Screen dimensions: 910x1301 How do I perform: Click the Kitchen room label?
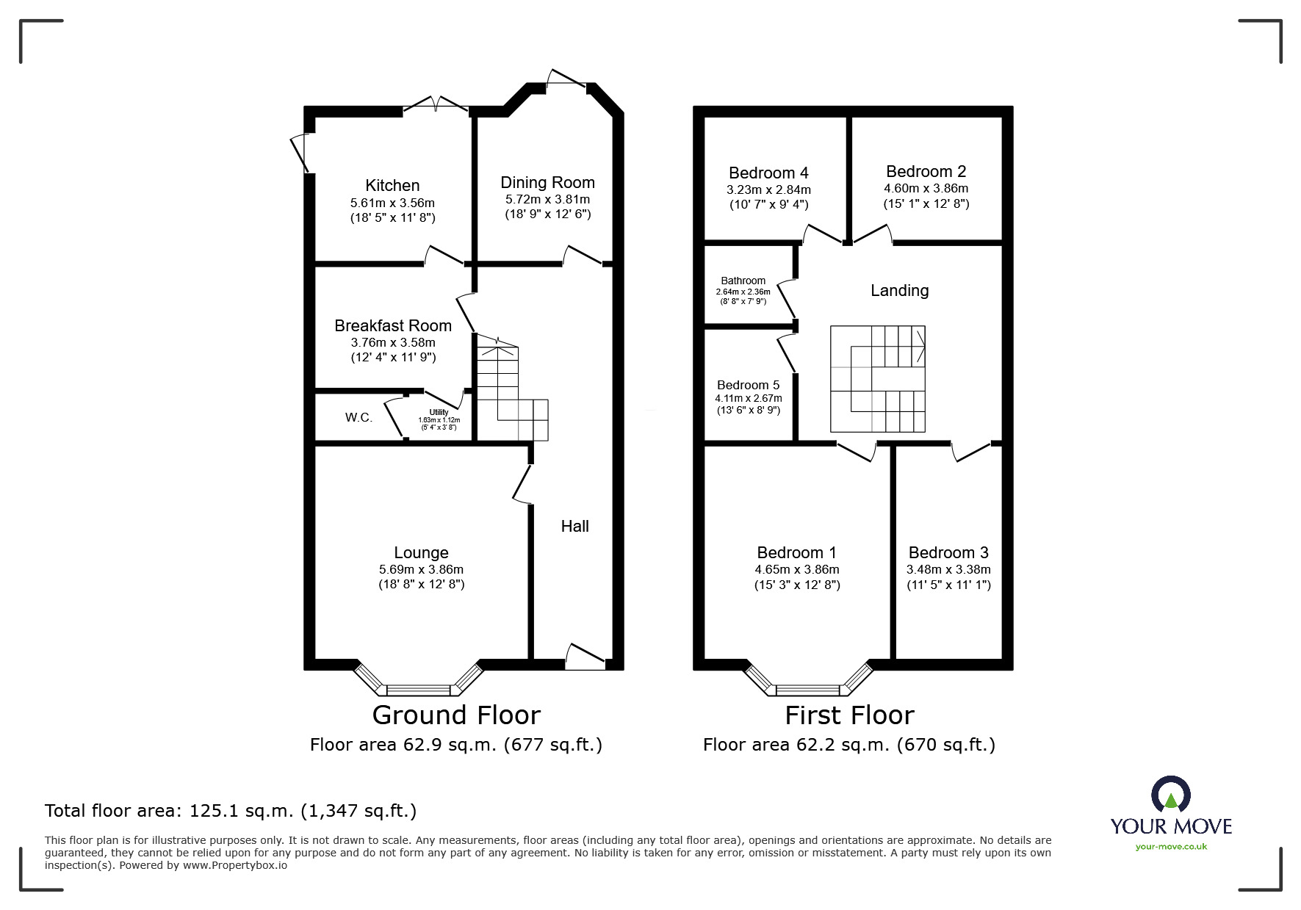(x=392, y=186)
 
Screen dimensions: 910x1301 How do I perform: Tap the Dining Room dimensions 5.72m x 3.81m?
(x=547, y=199)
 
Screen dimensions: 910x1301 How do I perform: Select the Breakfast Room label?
(x=393, y=325)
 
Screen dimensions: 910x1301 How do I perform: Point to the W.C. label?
(x=358, y=418)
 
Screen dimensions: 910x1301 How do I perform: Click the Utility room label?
(x=439, y=413)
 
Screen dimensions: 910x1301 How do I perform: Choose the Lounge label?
(x=421, y=552)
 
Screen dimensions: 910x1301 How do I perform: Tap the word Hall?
(x=574, y=526)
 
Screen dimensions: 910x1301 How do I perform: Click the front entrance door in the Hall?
(x=585, y=657)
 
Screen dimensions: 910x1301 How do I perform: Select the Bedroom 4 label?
(x=768, y=173)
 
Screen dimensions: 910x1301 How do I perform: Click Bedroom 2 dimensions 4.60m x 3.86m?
(x=926, y=188)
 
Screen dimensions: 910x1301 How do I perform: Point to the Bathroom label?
(x=743, y=281)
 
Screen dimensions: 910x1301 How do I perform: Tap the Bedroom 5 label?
(x=748, y=385)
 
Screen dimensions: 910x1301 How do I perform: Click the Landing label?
(x=899, y=291)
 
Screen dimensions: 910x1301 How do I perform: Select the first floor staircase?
(x=877, y=379)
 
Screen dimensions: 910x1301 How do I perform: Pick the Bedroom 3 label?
(x=948, y=552)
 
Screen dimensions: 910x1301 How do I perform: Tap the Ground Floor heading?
(x=456, y=715)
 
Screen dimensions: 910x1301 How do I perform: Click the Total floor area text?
(x=231, y=811)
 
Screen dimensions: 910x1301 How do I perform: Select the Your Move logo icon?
(x=1170, y=795)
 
